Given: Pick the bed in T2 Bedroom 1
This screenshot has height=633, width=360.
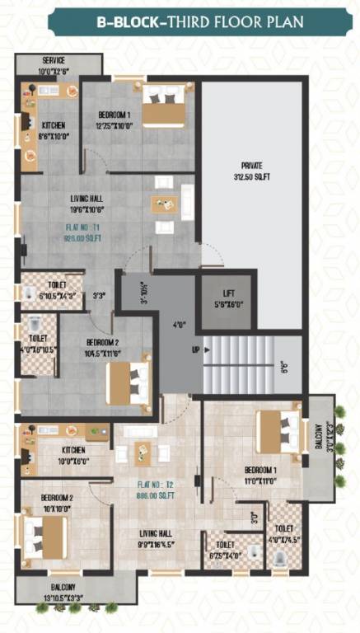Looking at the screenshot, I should point(278,433).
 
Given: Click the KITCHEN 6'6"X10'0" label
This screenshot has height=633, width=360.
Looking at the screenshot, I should point(53,130).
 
